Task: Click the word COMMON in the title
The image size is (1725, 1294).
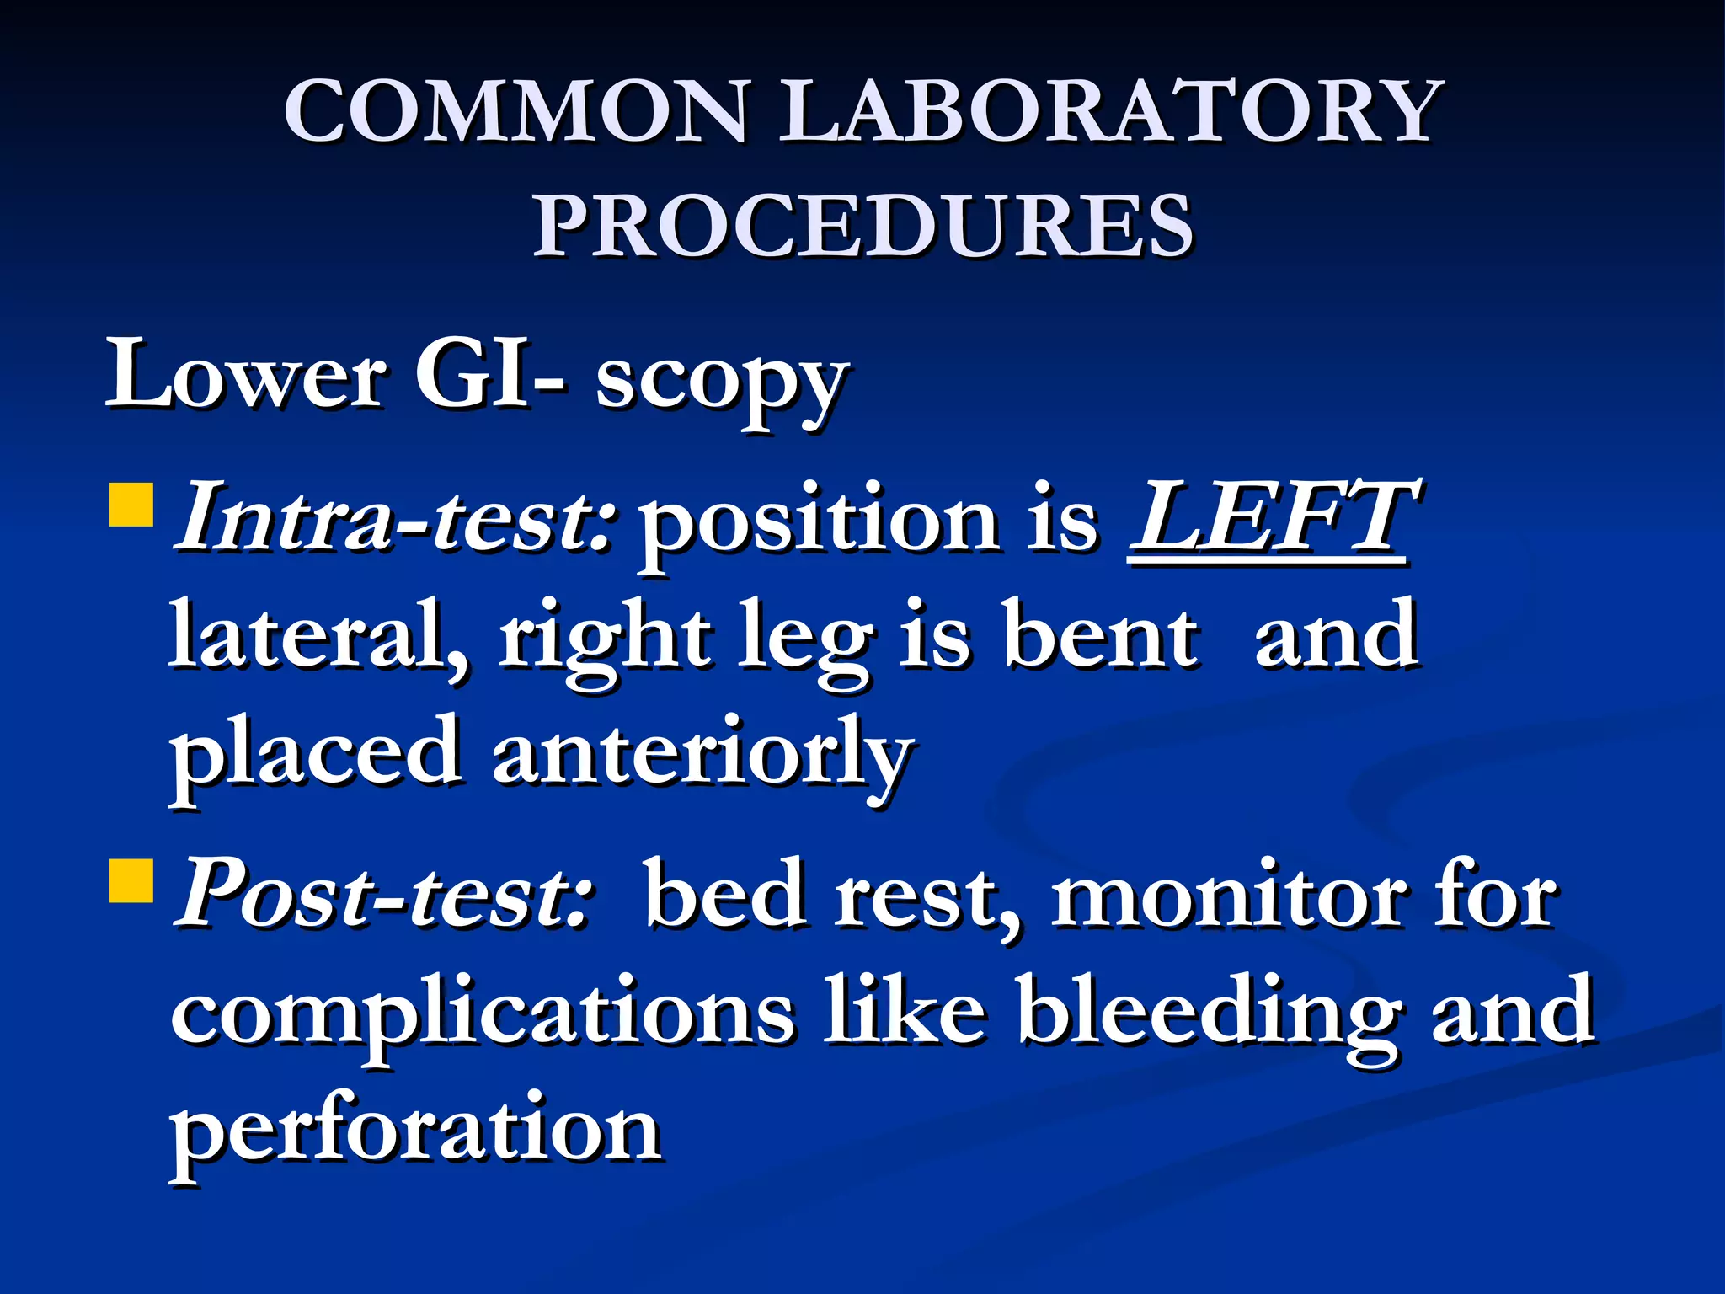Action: pyautogui.click(x=515, y=111)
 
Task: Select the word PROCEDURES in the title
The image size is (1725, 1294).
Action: pyautogui.click(x=862, y=226)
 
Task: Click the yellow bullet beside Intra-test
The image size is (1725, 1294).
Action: pyautogui.click(x=131, y=504)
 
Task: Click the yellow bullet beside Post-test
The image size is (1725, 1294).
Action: pyautogui.click(x=131, y=880)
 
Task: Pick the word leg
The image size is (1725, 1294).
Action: pyautogui.click(x=804, y=640)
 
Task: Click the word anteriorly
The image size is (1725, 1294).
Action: pyautogui.click(x=702, y=754)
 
